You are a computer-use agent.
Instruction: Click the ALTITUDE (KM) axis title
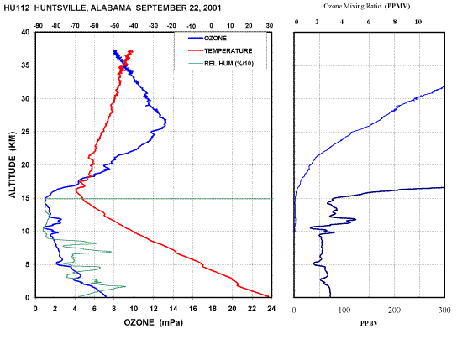click(x=13, y=164)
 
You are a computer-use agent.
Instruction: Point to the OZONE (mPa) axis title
click(x=153, y=322)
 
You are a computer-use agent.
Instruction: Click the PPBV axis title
click(x=369, y=323)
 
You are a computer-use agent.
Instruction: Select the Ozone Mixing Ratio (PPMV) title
click(x=366, y=6)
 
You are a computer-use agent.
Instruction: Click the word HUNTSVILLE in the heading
click(x=60, y=8)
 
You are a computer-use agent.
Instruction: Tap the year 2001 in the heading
click(x=212, y=8)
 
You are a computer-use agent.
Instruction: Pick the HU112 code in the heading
click(x=17, y=8)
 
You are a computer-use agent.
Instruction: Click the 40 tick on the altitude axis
click(x=26, y=32)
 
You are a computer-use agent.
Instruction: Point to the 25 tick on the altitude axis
click(x=26, y=132)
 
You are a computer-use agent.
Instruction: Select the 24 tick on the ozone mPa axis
click(x=271, y=309)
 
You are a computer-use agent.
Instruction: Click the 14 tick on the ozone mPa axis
click(x=173, y=309)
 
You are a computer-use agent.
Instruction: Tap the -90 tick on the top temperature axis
click(x=38, y=26)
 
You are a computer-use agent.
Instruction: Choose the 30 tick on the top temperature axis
click(x=270, y=26)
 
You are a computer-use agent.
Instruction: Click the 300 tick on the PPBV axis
click(x=444, y=310)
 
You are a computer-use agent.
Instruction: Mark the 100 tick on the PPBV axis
click(x=344, y=310)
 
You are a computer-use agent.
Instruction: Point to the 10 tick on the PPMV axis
click(x=418, y=22)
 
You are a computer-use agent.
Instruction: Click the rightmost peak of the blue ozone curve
click(x=165, y=122)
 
